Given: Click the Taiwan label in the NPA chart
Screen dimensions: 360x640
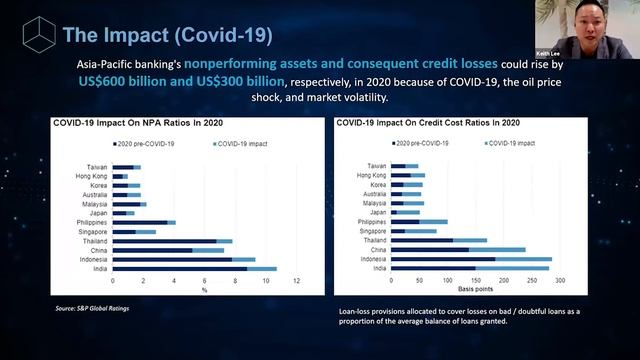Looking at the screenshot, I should tap(97, 166).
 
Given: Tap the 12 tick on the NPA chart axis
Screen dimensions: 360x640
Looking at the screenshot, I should tap(296, 280).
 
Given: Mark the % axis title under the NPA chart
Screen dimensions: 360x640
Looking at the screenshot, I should tap(203, 290).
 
